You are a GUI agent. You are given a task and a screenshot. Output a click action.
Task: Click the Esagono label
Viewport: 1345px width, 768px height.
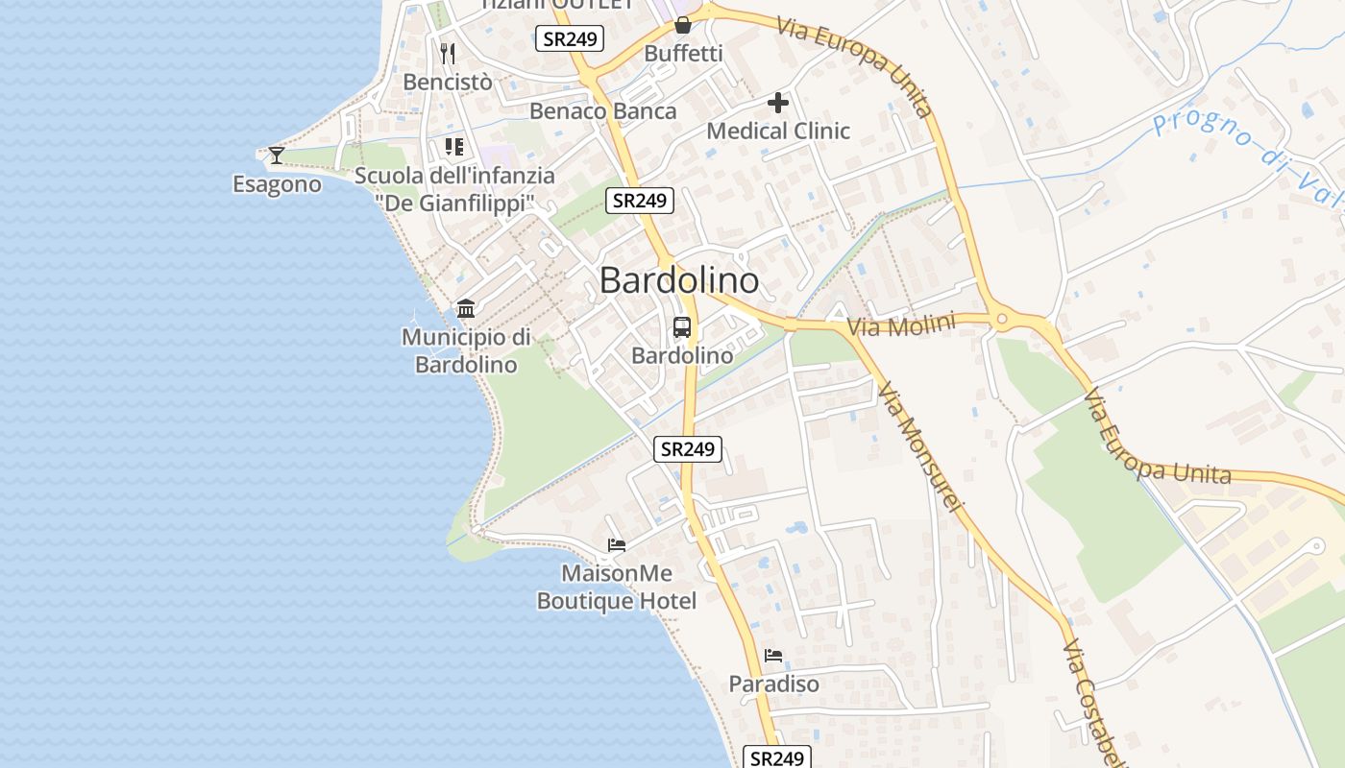(277, 183)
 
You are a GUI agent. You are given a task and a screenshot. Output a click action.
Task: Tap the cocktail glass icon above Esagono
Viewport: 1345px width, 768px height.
(277, 155)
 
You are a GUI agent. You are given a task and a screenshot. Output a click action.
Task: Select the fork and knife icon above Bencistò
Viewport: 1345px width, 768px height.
(447, 52)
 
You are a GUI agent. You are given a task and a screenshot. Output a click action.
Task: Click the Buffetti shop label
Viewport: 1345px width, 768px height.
(683, 54)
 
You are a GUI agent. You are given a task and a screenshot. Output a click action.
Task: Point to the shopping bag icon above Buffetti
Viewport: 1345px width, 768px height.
(682, 25)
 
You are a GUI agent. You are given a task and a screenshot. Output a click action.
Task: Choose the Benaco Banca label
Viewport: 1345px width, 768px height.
(602, 110)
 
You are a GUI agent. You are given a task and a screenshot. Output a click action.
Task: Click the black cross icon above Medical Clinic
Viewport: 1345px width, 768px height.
(778, 102)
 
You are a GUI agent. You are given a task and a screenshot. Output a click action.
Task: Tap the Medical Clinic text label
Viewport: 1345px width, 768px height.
(778, 131)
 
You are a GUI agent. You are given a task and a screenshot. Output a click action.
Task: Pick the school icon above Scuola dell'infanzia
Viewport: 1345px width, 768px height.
(453, 147)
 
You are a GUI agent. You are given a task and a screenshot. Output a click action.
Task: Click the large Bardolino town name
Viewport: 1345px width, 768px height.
(679, 280)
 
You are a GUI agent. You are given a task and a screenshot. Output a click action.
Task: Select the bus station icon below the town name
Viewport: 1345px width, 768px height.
(681, 327)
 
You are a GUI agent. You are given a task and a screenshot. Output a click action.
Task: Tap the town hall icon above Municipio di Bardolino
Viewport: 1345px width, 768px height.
(466, 308)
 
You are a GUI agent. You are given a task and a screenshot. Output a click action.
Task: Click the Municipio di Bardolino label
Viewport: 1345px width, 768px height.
(466, 350)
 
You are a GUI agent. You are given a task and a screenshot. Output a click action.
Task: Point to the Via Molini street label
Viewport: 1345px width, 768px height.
(901, 325)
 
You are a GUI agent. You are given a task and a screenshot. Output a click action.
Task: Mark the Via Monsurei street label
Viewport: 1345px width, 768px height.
(919, 446)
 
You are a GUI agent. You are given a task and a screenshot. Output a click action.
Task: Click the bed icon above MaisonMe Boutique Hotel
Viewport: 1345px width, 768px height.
(617, 545)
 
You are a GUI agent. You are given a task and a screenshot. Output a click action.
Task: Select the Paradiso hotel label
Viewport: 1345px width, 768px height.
(773, 684)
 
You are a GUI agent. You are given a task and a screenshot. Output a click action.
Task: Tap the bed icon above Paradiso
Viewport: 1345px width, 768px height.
(773, 656)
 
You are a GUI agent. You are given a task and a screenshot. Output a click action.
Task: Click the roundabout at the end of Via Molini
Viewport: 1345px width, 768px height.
(1002, 320)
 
